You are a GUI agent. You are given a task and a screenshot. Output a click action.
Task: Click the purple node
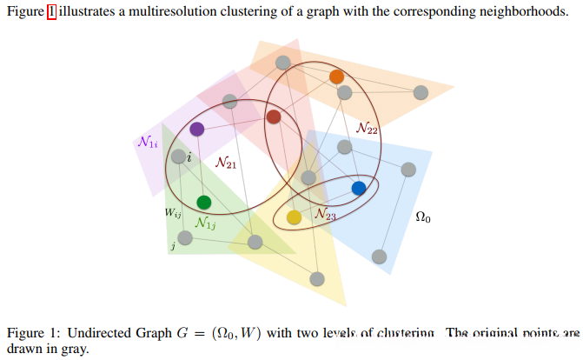tap(197, 130)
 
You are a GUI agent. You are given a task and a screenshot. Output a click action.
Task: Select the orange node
tap(337, 77)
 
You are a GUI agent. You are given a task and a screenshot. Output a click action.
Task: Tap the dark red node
tap(274, 117)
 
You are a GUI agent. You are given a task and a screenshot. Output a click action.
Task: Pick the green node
tap(204, 203)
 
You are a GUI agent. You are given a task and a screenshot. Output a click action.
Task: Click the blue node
tap(359, 188)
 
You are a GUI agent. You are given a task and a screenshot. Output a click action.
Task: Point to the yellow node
tap(295, 217)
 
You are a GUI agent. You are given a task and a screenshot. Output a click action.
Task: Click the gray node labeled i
tap(178, 157)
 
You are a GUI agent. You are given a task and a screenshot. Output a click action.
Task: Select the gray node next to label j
tap(184, 237)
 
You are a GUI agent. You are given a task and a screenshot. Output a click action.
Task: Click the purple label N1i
tap(147, 141)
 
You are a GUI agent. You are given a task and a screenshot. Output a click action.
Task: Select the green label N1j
tap(206, 223)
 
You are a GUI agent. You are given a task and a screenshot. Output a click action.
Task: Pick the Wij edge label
tap(173, 210)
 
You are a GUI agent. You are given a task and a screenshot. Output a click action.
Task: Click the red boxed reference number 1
tap(50, 12)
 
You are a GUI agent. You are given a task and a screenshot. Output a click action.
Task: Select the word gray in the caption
tap(63, 349)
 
